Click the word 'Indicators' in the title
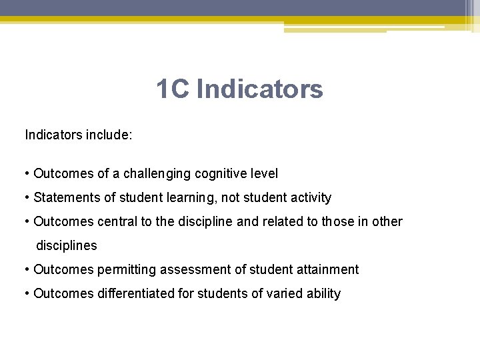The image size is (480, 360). click(260, 89)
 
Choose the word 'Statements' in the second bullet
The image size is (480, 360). click(64, 197)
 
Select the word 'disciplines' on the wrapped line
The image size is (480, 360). click(66, 245)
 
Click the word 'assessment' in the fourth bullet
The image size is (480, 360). click(185, 269)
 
